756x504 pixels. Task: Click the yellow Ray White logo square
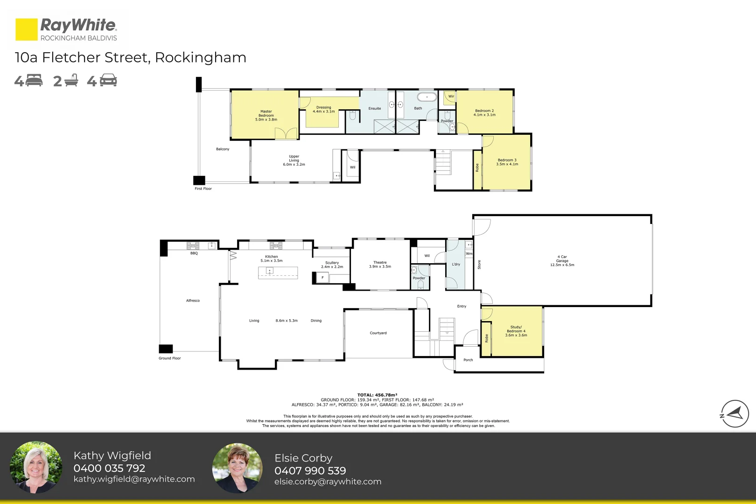pyautogui.click(x=26, y=29)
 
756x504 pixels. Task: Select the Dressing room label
pyautogui.click(x=323, y=107)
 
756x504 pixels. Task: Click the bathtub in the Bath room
pyautogui.click(x=427, y=97)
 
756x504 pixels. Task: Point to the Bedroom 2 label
pyautogui.click(x=484, y=111)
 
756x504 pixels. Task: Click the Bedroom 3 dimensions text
pyautogui.click(x=507, y=164)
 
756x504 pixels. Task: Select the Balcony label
pyautogui.click(x=223, y=149)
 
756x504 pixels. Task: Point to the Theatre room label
pyautogui.click(x=380, y=263)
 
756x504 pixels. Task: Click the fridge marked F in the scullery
pyautogui.click(x=322, y=278)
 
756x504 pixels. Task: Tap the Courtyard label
pyautogui.click(x=378, y=333)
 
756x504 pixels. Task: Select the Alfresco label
pyautogui.click(x=193, y=301)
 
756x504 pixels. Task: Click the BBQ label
pyautogui.click(x=194, y=253)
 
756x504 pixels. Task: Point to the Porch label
pyautogui.click(x=468, y=360)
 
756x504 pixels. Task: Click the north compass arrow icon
pyautogui.click(x=735, y=413)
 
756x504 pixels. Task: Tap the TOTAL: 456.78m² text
pyautogui.click(x=377, y=395)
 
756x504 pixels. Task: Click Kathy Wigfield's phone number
pyautogui.click(x=109, y=468)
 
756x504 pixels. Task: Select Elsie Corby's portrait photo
pyautogui.click(x=237, y=468)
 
